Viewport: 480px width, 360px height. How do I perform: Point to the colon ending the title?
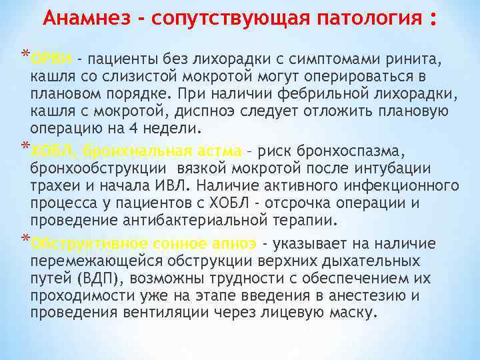(x=433, y=17)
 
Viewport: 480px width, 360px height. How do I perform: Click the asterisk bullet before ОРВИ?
(x=25, y=54)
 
